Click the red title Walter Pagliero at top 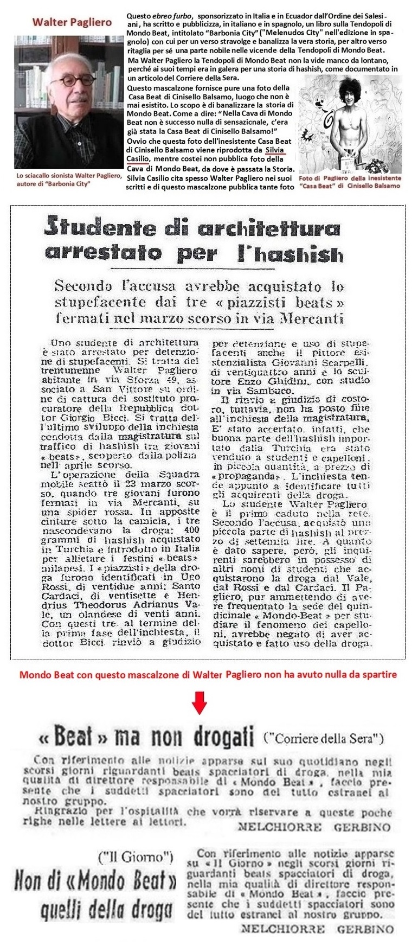(x=72, y=22)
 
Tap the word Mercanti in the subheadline (x=314, y=318)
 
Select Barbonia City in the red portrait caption (x=70, y=184)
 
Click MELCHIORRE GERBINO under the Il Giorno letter (x=317, y=929)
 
